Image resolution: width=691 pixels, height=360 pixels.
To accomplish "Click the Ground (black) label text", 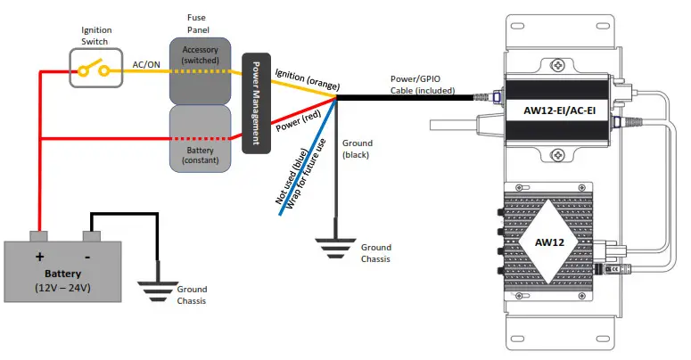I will pyautogui.click(x=358, y=149).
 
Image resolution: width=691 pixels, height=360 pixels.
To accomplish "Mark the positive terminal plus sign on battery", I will pyautogui.click(x=39, y=256).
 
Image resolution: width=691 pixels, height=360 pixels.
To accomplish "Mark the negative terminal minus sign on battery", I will pyautogui.click(x=91, y=256).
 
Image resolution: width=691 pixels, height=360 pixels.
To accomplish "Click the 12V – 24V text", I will pyautogui.click(x=63, y=288).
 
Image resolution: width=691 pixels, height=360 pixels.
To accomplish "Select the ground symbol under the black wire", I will pyautogui.click(x=335, y=247).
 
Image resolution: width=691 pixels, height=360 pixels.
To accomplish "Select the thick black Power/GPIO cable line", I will pyautogui.click(x=410, y=97).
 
